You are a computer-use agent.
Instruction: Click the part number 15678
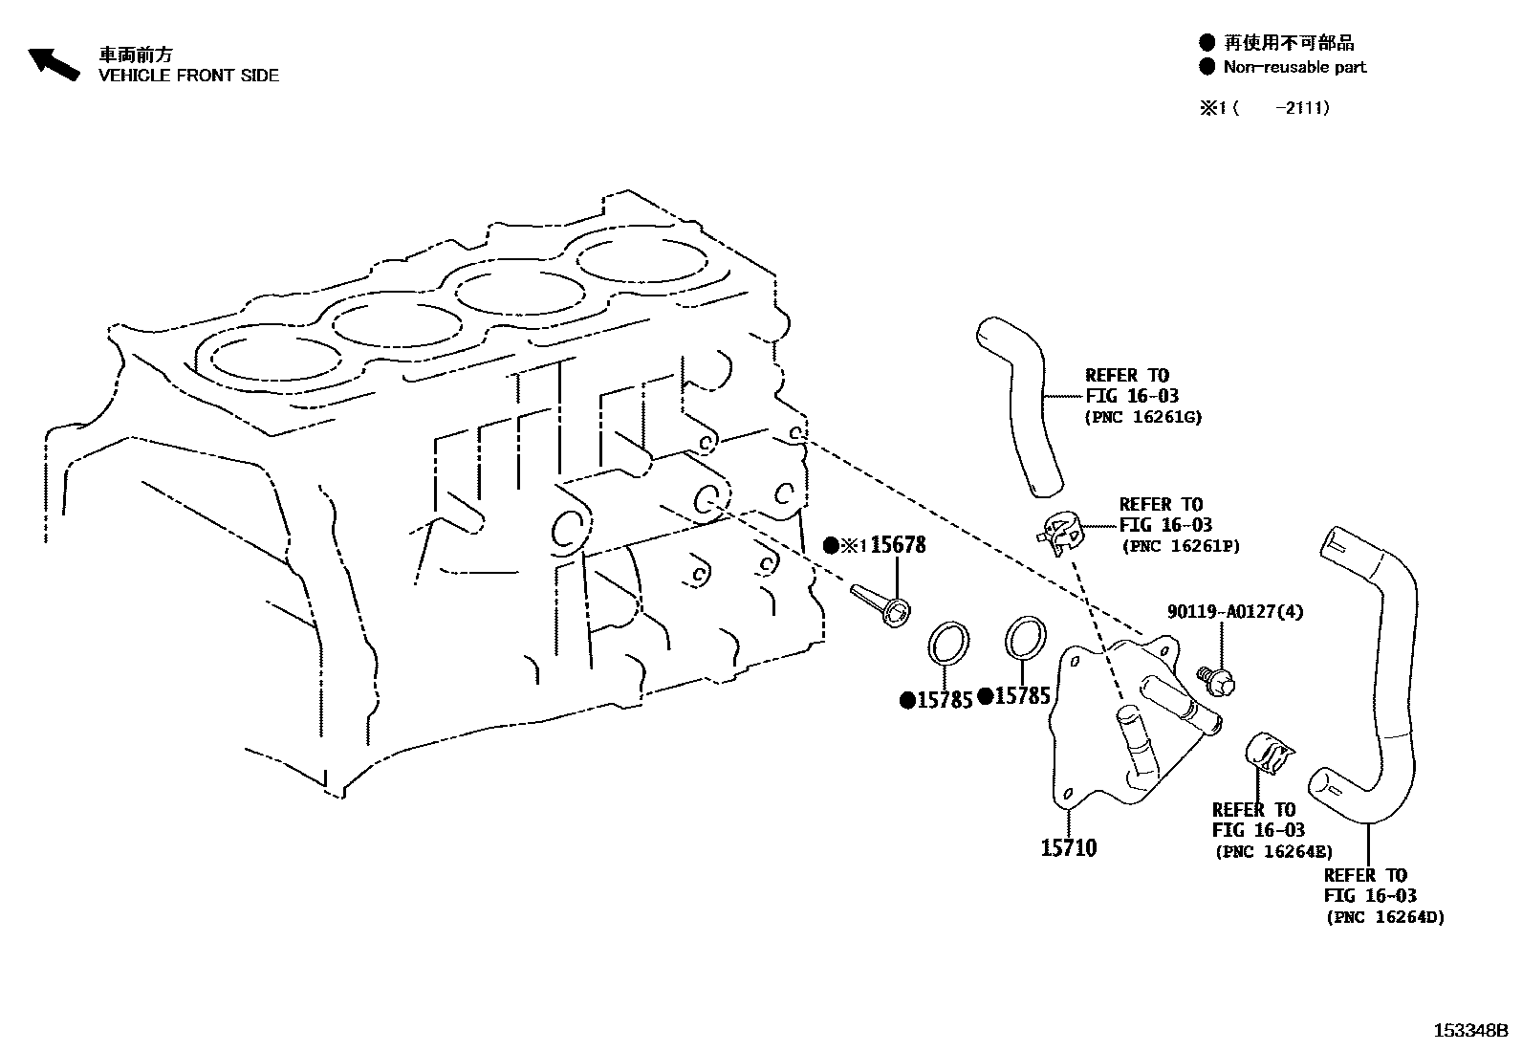pyautogui.click(x=898, y=545)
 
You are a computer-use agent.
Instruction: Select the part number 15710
pyautogui.click(x=1069, y=848)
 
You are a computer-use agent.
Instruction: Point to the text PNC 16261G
pyautogui.click(x=1143, y=417)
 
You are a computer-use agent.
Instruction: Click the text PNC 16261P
pyautogui.click(x=1181, y=546)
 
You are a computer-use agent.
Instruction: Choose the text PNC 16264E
pyautogui.click(x=1273, y=852)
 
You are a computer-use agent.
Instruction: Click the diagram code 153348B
pyautogui.click(x=1469, y=1031)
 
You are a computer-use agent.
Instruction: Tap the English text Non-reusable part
pyautogui.click(x=1294, y=67)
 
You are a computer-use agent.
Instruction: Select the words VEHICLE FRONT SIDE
pyautogui.click(x=189, y=76)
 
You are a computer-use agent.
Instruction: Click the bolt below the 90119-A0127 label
pyautogui.click(x=1217, y=680)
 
